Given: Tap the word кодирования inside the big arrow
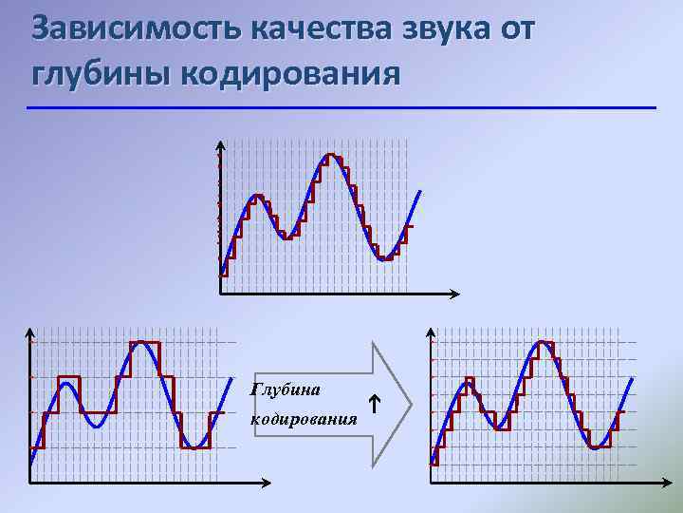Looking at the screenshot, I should click(x=304, y=419).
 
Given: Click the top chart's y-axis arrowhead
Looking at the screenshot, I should click(x=221, y=145).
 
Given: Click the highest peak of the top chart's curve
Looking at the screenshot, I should click(x=330, y=154).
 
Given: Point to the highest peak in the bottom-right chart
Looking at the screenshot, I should click(x=543, y=342).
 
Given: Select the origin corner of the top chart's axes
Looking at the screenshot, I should click(x=221, y=294).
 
